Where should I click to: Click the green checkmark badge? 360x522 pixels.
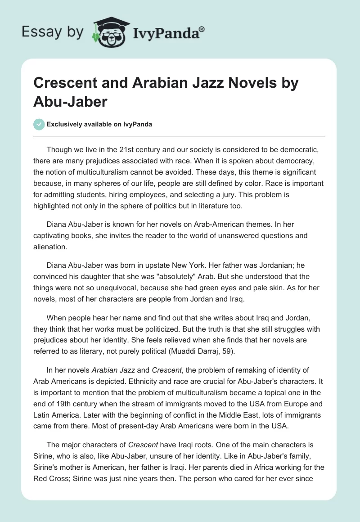tap(39, 124)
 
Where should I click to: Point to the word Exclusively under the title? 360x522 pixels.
tap(63, 125)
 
